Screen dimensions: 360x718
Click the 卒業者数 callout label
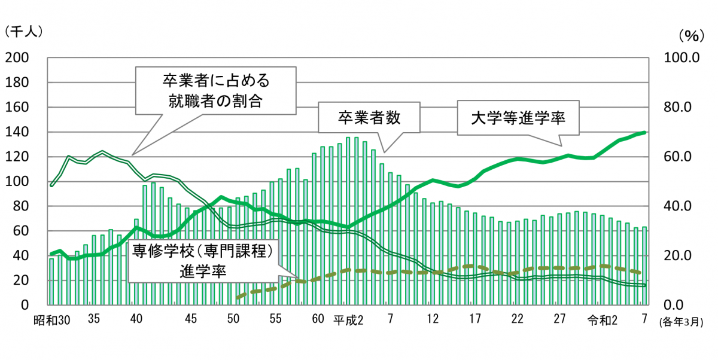[x=368, y=118]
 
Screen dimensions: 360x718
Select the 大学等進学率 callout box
[x=518, y=118]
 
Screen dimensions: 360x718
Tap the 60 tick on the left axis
[x=20, y=231]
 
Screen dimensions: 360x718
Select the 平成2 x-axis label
[x=348, y=319]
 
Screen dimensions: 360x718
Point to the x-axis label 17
[x=475, y=319]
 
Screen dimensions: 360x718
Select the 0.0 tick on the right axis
[x=681, y=305]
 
